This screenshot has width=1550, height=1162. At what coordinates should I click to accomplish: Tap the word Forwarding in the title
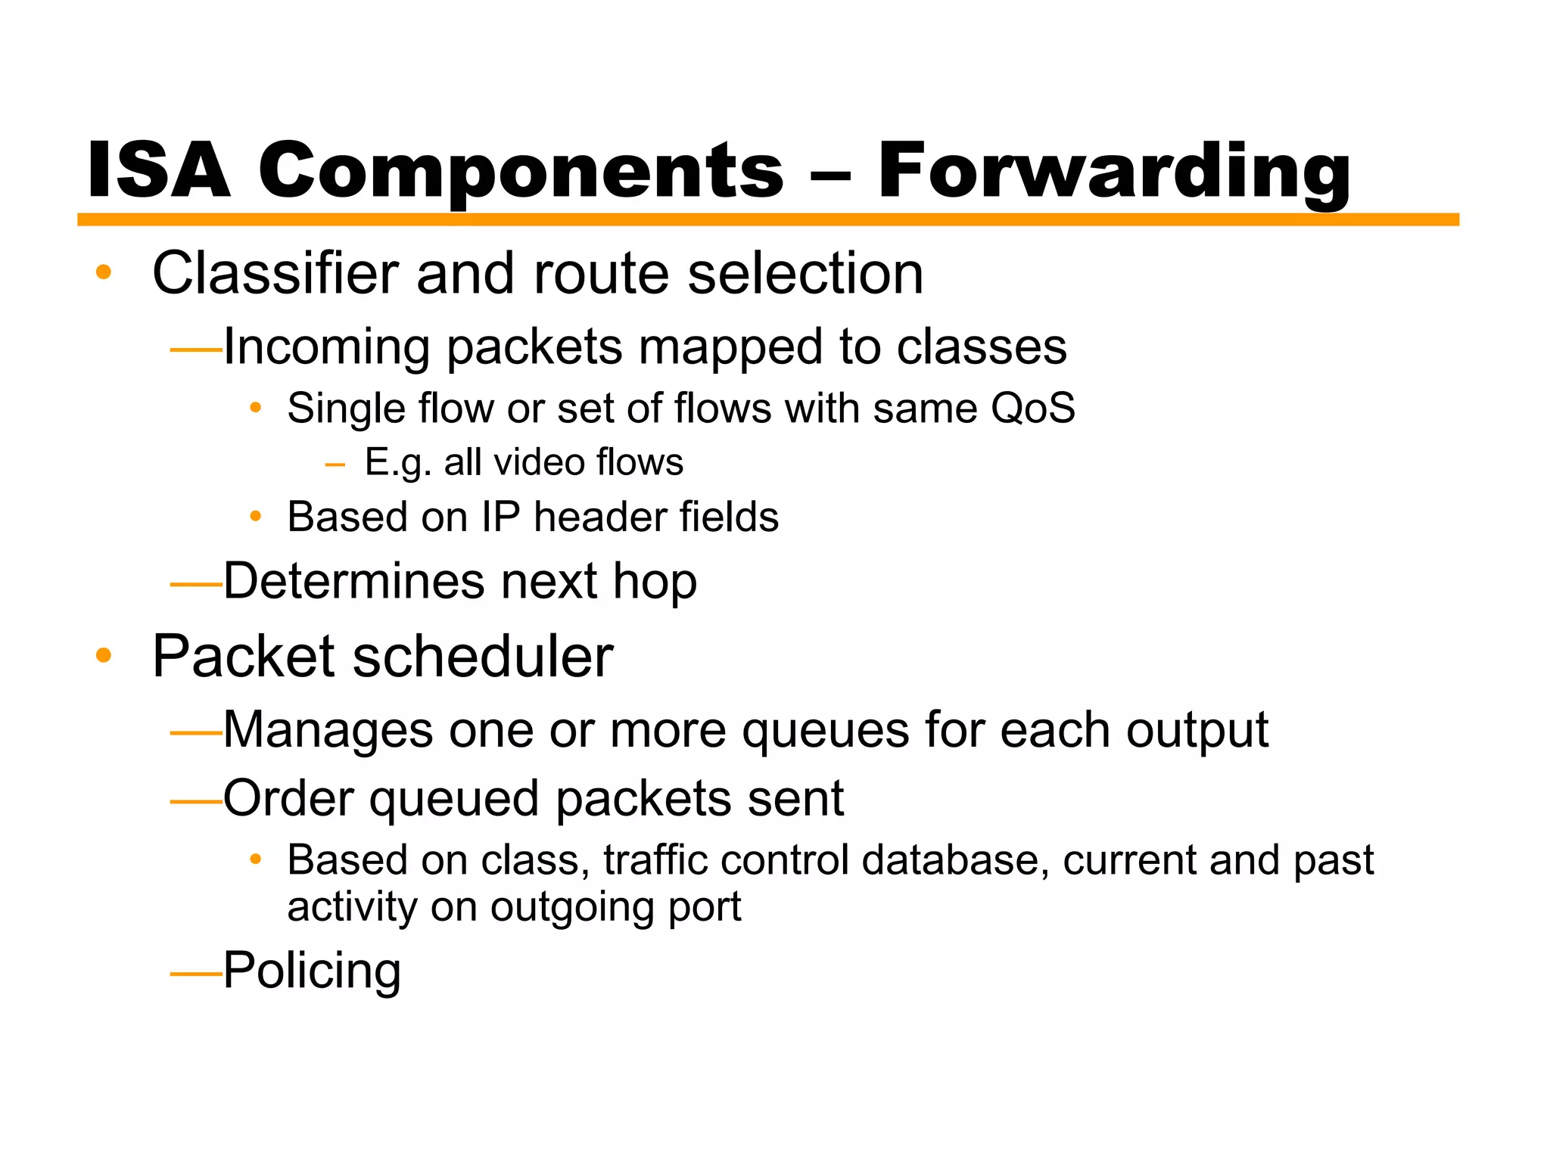click(1113, 172)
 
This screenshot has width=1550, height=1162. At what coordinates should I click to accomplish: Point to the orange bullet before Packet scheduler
click(104, 655)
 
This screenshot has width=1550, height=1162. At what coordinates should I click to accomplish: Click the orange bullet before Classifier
click(104, 272)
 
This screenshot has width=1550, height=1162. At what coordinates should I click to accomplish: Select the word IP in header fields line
click(500, 517)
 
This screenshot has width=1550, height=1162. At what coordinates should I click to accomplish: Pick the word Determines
click(353, 581)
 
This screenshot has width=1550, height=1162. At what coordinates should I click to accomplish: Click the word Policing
click(312, 971)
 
